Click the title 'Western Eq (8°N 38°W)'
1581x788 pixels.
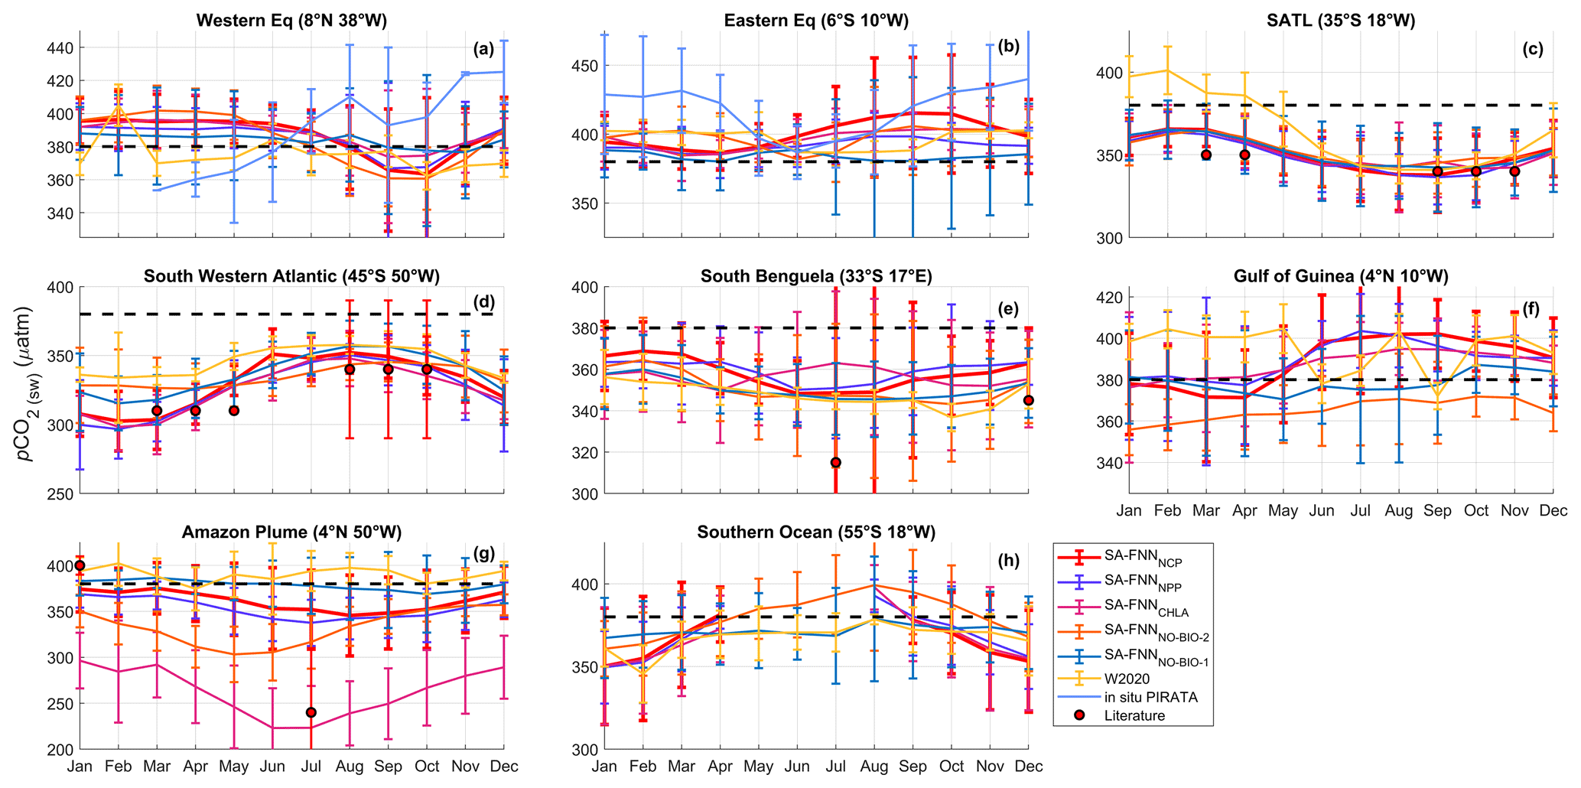tap(291, 21)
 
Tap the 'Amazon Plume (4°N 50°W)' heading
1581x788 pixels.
tap(291, 532)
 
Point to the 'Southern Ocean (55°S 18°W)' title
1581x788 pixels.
tap(816, 532)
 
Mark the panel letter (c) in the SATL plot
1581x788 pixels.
tap(1533, 50)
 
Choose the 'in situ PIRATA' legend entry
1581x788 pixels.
tap(1150, 697)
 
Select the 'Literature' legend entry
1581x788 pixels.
tap(1134, 716)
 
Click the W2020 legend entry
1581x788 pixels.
tap(1128, 679)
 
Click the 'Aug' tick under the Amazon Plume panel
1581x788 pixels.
tap(350, 767)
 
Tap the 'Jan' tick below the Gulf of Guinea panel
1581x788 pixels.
tap(1129, 511)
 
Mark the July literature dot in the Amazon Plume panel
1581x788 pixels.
tap(311, 712)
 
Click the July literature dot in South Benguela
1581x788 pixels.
tap(836, 462)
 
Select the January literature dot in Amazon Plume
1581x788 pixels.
tap(80, 565)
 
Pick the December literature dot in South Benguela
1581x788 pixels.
tap(1029, 400)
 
